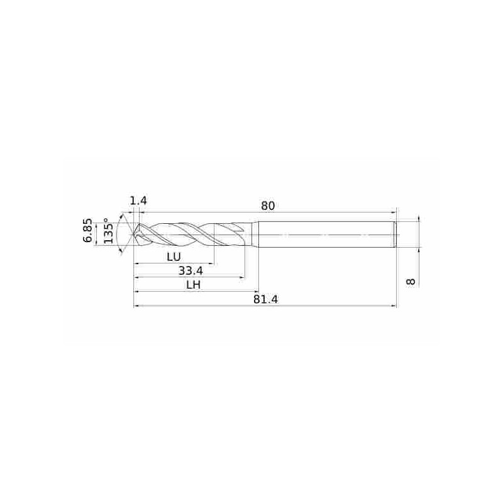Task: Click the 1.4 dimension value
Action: [138, 201]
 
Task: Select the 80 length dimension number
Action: [268, 206]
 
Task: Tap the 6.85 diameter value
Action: [87, 231]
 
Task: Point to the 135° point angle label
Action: [108, 230]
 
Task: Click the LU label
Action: [174, 257]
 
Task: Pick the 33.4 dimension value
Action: [191, 271]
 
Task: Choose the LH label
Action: [194, 285]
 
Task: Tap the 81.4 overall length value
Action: [265, 299]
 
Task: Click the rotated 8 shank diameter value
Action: [411, 282]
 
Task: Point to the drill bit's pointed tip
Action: [134, 235]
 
